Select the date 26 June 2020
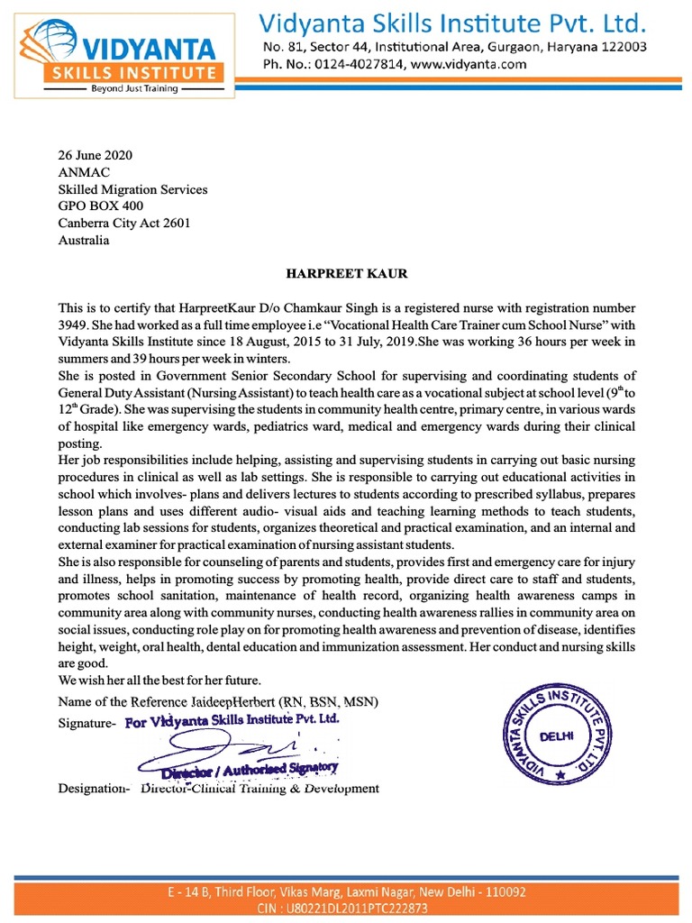point(95,155)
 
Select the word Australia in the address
point(84,241)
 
